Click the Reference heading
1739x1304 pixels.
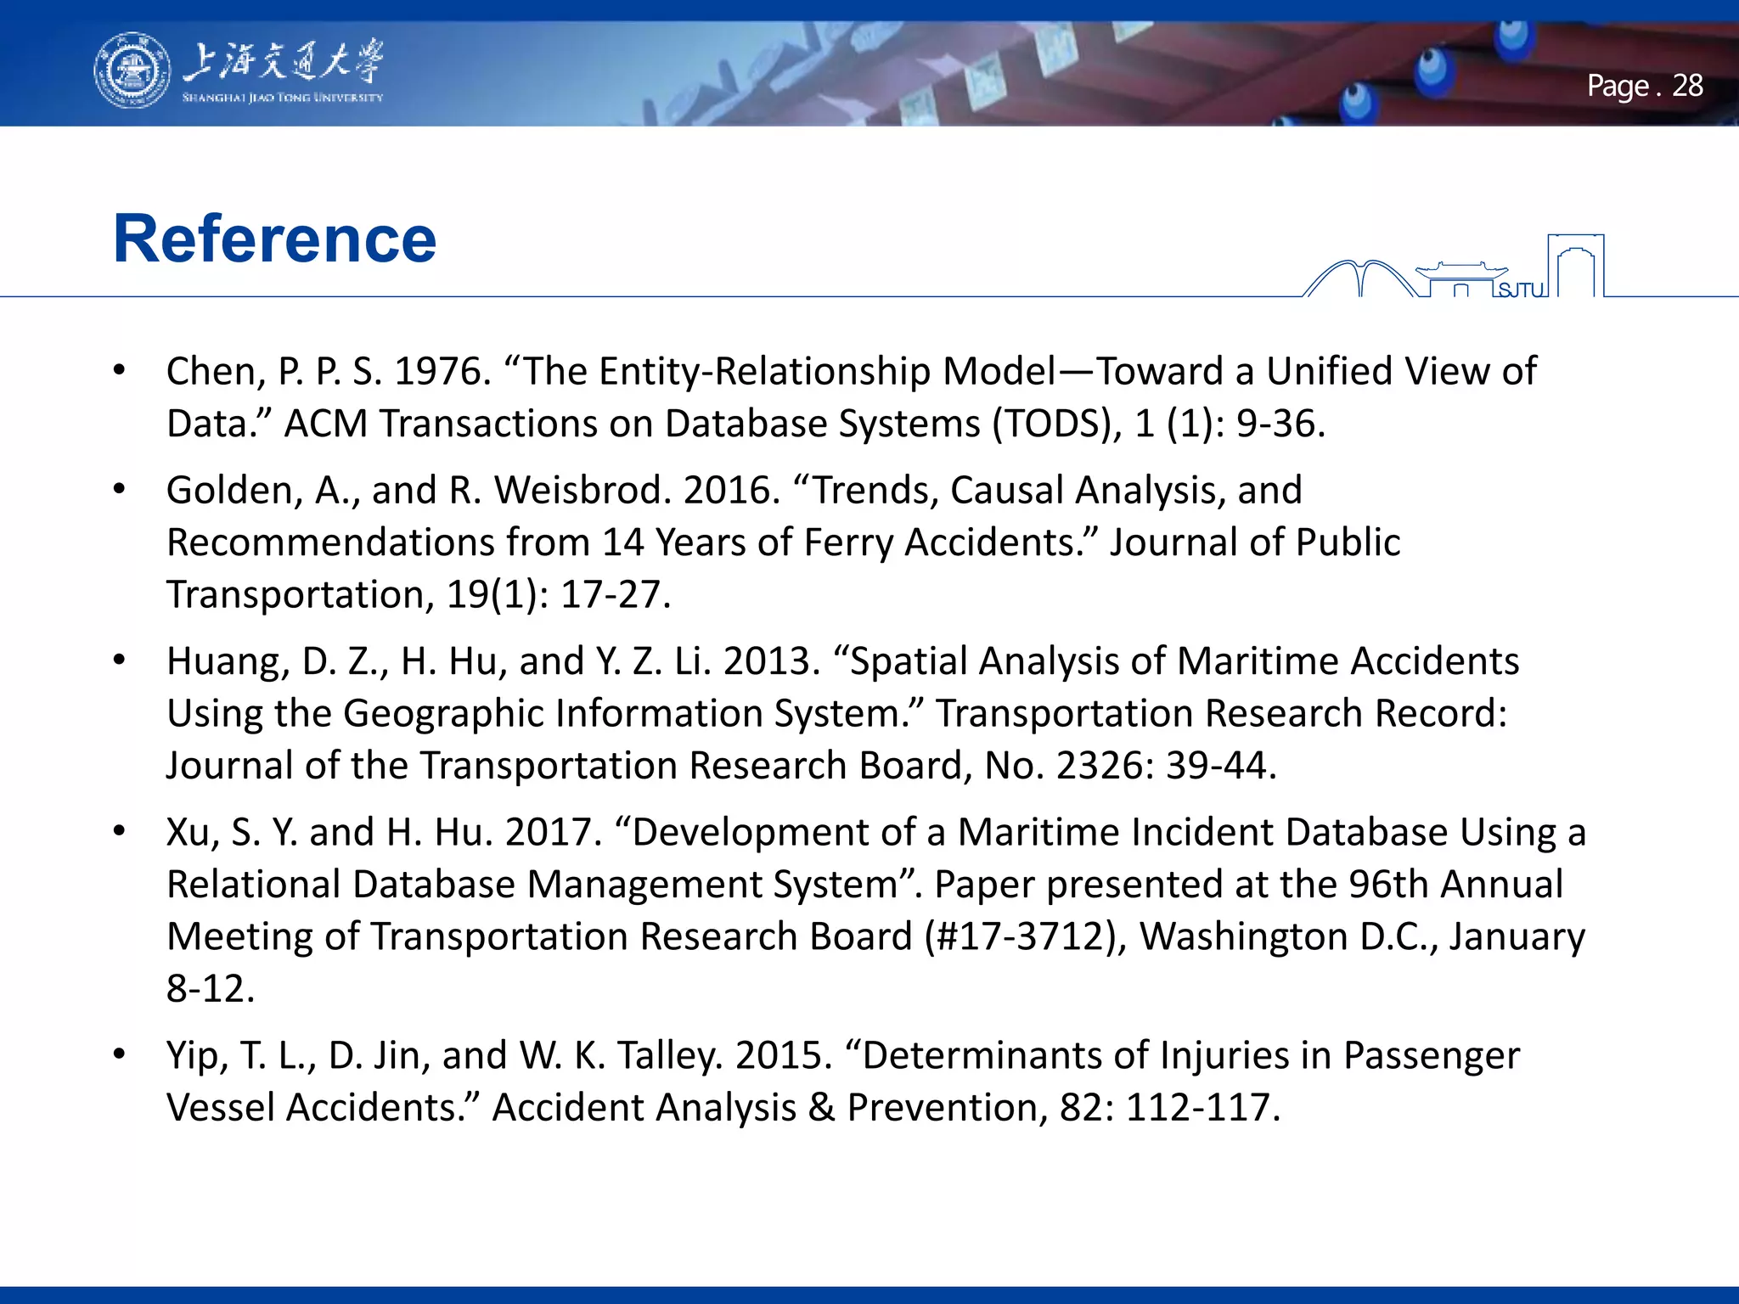[274, 239]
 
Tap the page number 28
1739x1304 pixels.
[1687, 86]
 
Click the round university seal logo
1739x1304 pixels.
[132, 70]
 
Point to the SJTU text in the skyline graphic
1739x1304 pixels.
[1521, 290]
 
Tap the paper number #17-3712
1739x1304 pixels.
[1019, 937]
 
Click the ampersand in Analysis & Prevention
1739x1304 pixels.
[821, 1108]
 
